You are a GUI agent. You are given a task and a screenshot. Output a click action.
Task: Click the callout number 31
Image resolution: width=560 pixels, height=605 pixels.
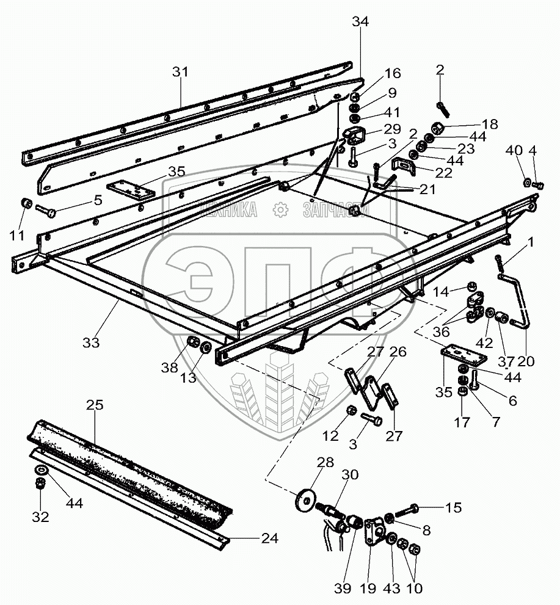(180, 72)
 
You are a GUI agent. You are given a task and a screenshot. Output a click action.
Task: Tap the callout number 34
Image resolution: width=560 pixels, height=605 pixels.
(360, 23)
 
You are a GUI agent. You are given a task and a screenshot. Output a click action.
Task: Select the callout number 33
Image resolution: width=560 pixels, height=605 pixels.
(91, 342)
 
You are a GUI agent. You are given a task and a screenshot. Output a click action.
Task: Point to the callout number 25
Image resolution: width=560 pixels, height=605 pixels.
(95, 405)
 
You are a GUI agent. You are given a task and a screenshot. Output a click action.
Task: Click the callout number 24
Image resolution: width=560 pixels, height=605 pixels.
(269, 538)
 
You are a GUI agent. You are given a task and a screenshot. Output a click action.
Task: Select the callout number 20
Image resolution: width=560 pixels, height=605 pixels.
(525, 361)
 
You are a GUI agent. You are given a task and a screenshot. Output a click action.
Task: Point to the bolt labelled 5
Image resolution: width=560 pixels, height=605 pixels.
(45, 211)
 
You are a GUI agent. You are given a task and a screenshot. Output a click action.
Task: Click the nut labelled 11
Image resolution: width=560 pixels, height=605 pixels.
(25, 203)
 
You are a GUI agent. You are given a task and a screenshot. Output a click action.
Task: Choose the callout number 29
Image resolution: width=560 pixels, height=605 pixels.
(391, 129)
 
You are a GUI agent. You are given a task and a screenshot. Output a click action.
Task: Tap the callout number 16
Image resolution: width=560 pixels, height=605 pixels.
(392, 74)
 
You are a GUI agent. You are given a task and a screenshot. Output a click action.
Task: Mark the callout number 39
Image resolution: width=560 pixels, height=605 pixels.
(343, 589)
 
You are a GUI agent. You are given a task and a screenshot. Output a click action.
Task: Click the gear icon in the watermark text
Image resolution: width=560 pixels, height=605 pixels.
(280, 210)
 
